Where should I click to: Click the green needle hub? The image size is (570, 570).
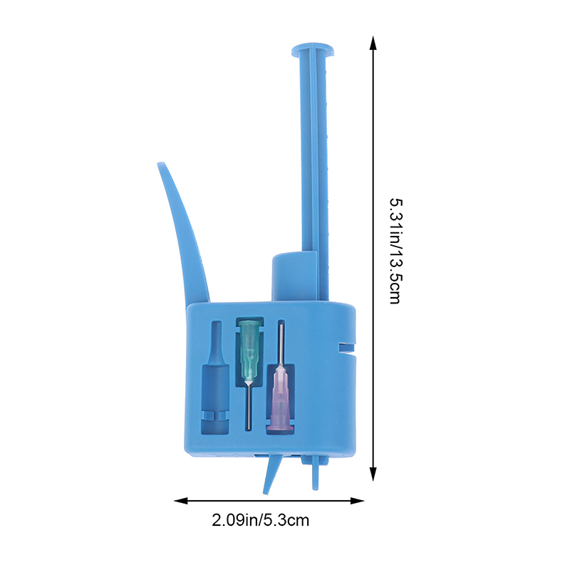point(249,351)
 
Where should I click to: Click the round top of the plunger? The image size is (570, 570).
point(313,50)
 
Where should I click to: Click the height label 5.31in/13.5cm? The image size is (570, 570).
point(396,251)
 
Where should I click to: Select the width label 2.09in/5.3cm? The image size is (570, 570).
point(260,520)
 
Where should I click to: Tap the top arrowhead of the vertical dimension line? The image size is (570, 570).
point(373,43)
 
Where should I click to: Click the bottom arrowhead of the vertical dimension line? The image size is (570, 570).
point(373,474)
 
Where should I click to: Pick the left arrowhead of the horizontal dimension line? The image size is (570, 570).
point(181,501)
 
